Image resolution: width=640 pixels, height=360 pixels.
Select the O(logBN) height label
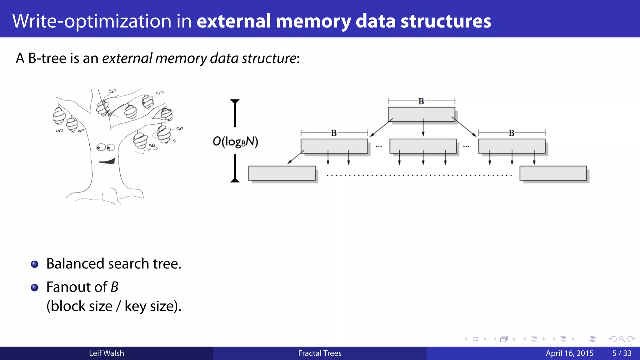(x=235, y=142)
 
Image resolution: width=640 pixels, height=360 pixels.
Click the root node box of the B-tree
(x=421, y=114)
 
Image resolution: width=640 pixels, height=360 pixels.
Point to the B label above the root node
(x=421, y=101)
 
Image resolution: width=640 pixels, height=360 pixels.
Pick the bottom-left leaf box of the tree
(x=282, y=173)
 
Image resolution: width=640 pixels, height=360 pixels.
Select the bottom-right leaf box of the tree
(x=553, y=173)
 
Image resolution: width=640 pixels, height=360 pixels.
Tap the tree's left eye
(x=100, y=147)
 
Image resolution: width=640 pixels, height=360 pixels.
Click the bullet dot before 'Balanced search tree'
(x=35, y=264)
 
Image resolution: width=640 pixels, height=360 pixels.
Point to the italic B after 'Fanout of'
(x=115, y=287)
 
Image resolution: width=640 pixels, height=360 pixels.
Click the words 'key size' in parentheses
(x=149, y=306)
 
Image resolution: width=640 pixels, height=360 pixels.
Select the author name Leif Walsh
(x=106, y=353)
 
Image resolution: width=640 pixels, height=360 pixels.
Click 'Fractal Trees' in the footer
(x=320, y=353)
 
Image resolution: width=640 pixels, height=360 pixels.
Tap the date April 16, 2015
(x=569, y=353)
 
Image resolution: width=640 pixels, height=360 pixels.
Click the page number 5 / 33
(x=622, y=353)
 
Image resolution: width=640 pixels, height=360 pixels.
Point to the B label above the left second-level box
(x=334, y=133)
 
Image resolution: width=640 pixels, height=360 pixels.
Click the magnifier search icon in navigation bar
(x=622, y=339)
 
